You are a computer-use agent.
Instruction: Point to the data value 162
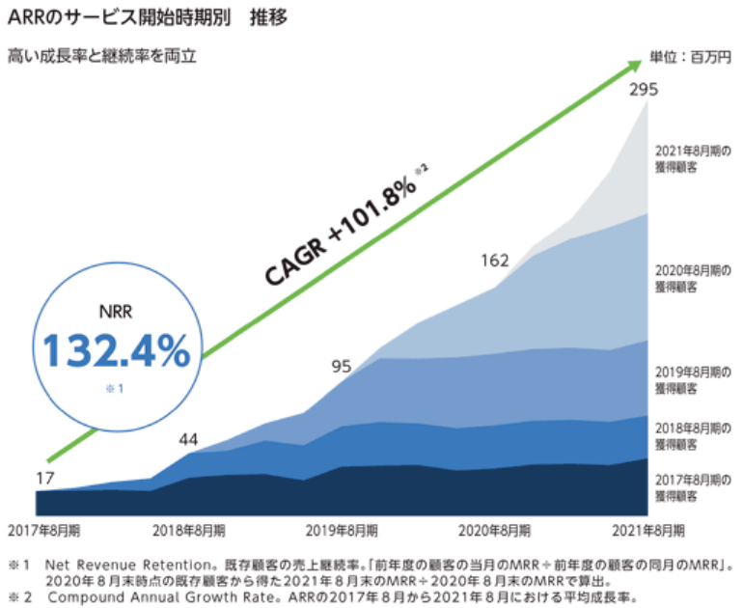pyautogui.click(x=494, y=260)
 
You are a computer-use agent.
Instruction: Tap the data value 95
pyautogui.click(x=341, y=366)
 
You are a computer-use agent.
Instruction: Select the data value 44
pyautogui.click(x=188, y=440)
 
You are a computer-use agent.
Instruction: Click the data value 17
pyautogui.click(x=45, y=477)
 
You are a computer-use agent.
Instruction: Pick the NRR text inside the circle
pyautogui.click(x=114, y=313)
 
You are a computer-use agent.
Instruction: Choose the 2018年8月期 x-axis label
pyautogui.click(x=190, y=531)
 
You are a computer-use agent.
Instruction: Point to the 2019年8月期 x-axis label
pyautogui.click(x=343, y=531)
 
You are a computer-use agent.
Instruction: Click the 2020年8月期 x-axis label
pyautogui.click(x=495, y=531)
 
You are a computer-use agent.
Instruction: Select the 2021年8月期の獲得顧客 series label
pyautogui.click(x=690, y=158)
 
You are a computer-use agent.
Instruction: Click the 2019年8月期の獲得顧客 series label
pyautogui.click(x=690, y=379)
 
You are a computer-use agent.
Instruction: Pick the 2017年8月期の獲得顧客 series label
pyautogui.click(x=690, y=487)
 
